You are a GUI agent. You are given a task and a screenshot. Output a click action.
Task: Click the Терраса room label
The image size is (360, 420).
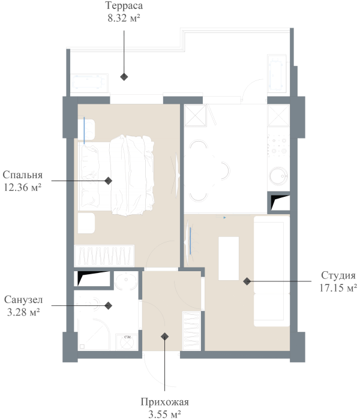click(x=124, y=6)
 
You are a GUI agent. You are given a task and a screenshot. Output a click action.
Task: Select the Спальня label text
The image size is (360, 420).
click(x=23, y=175)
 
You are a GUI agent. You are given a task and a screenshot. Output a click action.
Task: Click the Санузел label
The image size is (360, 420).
click(x=22, y=299)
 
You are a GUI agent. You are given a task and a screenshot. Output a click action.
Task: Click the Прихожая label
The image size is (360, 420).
click(x=164, y=402)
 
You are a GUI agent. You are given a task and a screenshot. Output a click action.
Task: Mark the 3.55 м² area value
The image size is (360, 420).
click(x=164, y=413)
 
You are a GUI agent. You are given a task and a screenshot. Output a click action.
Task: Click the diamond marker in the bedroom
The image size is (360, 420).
click(x=109, y=180)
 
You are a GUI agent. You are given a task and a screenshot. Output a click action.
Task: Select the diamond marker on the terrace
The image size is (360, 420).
click(x=124, y=77)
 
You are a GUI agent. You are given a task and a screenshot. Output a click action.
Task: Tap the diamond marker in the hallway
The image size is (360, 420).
click(x=164, y=337)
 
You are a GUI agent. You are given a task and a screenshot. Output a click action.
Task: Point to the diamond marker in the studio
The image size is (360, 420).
click(x=247, y=281)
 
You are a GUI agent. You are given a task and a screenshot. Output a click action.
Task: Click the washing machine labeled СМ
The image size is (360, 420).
click(x=127, y=341)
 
